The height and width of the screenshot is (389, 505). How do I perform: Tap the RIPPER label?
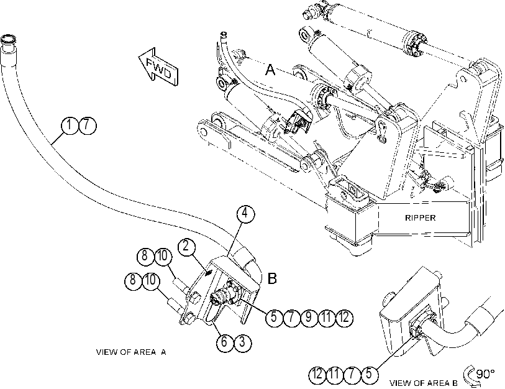click(421, 218)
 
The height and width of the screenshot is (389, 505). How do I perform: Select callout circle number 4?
click(245, 213)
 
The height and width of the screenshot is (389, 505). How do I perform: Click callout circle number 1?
click(70, 126)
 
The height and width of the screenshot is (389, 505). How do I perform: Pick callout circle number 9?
click(309, 318)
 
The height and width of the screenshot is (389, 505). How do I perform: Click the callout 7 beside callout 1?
click(88, 126)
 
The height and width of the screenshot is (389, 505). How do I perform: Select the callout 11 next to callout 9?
click(327, 318)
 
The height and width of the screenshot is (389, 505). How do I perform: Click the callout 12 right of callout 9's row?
click(344, 318)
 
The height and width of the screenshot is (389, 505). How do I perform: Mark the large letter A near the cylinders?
click(270, 70)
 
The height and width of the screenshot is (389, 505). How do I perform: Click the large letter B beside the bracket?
click(272, 278)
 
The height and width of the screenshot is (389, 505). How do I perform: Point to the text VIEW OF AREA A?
click(131, 352)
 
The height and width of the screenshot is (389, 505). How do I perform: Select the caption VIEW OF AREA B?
click(424, 383)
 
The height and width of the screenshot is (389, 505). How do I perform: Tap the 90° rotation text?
click(485, 374)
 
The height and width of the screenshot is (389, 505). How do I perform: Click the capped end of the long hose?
click(8, 41)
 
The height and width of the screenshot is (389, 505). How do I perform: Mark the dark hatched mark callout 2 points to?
click(209, 273)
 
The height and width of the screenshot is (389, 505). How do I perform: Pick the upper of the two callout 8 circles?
click(145, 257)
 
